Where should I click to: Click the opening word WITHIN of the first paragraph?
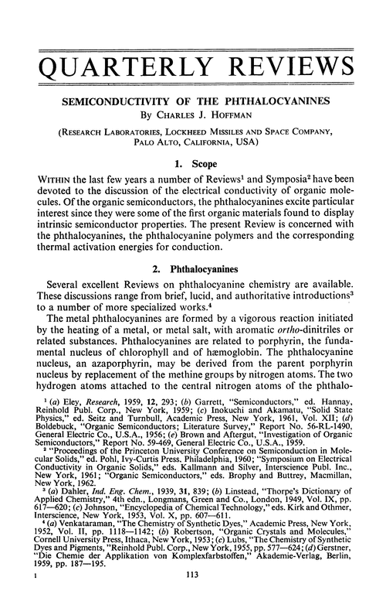[39, 185]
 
